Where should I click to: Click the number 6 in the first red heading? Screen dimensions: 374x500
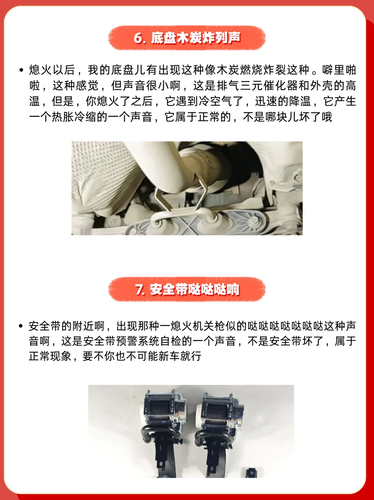(138, 38)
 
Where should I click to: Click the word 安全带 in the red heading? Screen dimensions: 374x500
(163, 290)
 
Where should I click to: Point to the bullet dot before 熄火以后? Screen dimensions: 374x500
(21, 70)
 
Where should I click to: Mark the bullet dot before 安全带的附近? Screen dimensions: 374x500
(21, 326)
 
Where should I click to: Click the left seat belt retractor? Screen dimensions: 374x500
(163, 428)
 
